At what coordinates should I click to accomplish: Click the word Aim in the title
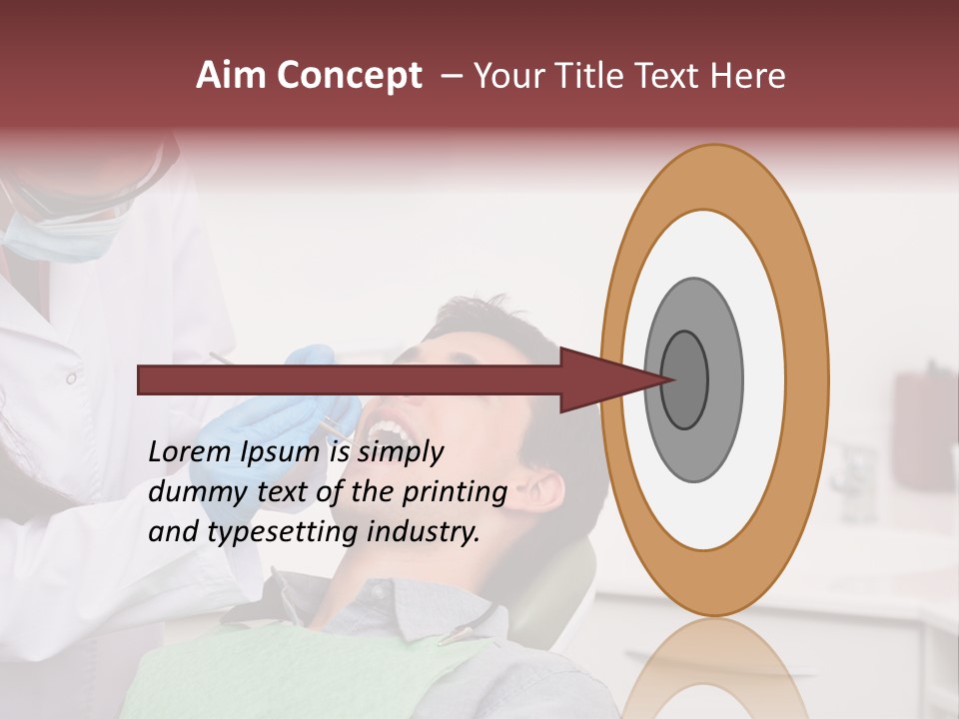tap(232, 76)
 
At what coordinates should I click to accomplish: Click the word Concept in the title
tap(348, 76)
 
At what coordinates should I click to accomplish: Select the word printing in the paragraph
tap(455, 491)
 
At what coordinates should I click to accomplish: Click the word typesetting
tap(283, 531)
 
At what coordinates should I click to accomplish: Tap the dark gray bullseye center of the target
tap(685, 379)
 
